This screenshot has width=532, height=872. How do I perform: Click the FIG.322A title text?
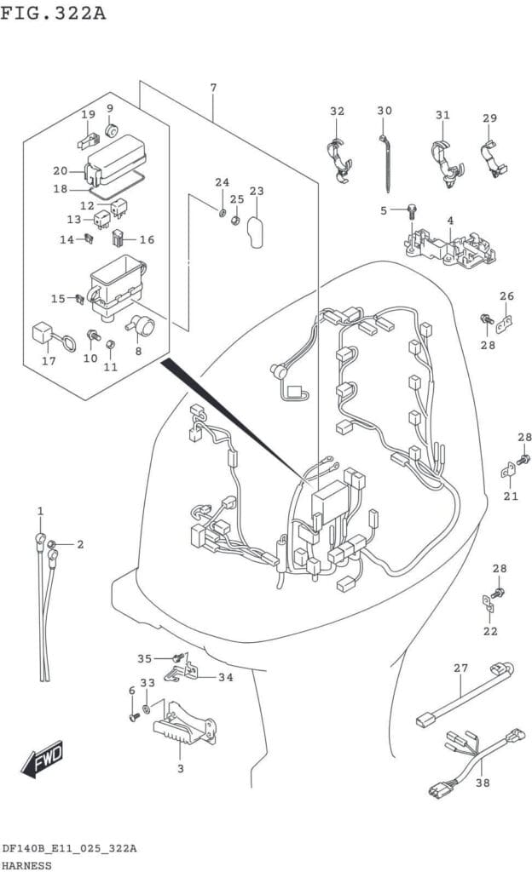[x=53, y=12]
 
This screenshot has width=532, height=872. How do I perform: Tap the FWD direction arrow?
[x=43, y=758]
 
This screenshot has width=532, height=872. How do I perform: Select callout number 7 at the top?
[x=213, y=88]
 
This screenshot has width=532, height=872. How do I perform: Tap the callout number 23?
[x=257, y=192]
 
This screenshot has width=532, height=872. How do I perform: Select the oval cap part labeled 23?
[x=256, y=232]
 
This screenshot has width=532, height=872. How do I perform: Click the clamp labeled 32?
[x=338, y=161]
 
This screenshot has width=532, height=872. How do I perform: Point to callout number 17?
[x=49, y=361]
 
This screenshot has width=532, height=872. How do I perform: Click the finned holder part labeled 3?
[x=183, y=724]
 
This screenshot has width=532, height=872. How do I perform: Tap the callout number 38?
[x=483, y=783]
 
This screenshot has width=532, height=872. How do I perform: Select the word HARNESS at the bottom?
[x=26, y=865]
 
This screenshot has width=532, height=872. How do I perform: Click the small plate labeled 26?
[x=505, y=324]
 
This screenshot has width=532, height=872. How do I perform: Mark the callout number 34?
[x=225, y=677]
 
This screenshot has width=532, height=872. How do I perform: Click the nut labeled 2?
[x=51, y=544]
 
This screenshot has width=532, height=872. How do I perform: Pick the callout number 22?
[x=490, y=631]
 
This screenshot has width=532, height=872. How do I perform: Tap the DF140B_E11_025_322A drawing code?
[x=69, y=849]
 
